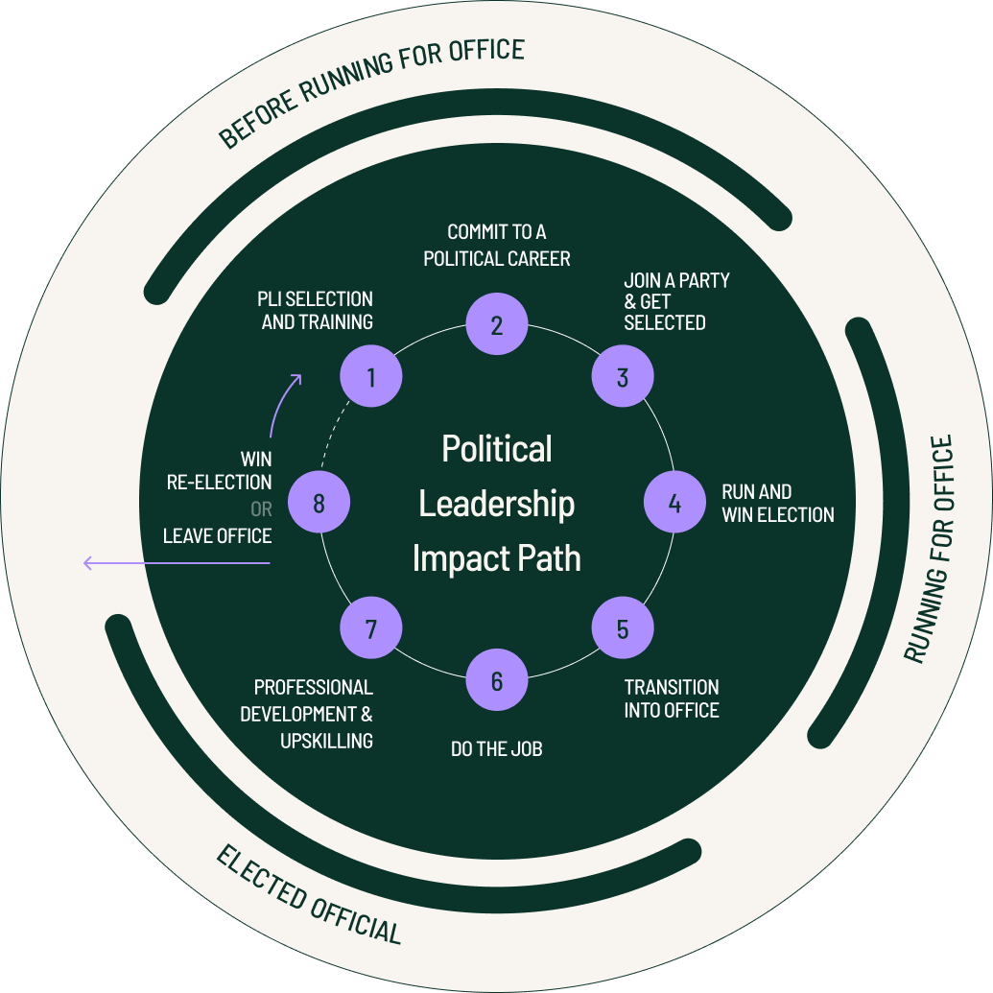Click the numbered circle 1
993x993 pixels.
[371, 376]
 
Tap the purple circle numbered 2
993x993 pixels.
[497, 324]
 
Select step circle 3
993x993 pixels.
[623, 377]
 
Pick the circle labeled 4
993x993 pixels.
[674, 503]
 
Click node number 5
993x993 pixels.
[623, 628]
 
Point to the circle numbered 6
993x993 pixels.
[497, 680]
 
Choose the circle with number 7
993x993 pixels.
[371, 628]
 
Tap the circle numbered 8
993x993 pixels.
[319, 503]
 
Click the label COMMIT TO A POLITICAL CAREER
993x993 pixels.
[497, 246]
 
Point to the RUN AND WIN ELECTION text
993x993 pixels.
[778, 503]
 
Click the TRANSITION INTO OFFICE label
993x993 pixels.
[672, 698]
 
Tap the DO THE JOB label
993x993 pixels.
[497, 748]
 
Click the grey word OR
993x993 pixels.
[261, 509]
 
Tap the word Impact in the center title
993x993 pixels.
[459, 557]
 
